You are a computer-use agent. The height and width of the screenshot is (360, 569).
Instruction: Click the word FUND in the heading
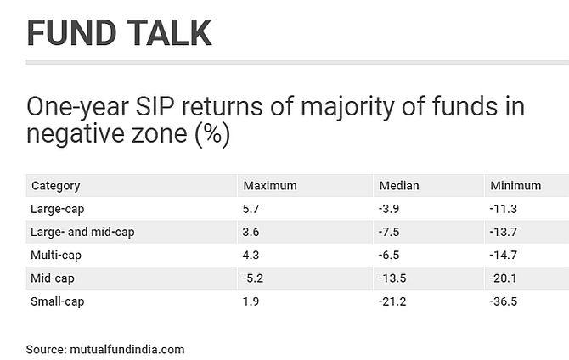point(72,32)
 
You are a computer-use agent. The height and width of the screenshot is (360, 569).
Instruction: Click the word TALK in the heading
point(169,32)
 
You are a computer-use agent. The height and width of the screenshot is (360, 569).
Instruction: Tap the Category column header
point(56,186)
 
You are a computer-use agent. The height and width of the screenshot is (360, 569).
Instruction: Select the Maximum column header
point(270,186)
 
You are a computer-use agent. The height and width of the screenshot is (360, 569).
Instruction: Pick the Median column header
point(399,186)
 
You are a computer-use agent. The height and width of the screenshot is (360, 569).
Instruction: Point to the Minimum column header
point(515,186)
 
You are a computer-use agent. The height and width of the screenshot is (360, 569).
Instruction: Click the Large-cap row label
point(58,210)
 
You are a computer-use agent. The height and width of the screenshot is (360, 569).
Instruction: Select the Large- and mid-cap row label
point(82,233)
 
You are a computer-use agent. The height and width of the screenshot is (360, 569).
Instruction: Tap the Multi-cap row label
point(56,256)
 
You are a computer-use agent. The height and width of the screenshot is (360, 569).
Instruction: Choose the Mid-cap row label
point(53,278)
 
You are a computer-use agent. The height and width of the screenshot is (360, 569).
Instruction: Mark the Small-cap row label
point(58,301)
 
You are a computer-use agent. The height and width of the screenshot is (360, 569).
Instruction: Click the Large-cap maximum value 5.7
point(251,209)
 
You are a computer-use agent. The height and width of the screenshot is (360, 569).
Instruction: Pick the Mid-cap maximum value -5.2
point(253,278)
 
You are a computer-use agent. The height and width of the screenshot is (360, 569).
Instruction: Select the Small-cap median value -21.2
point(392,301)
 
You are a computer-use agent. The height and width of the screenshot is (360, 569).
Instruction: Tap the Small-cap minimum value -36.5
point(504,301)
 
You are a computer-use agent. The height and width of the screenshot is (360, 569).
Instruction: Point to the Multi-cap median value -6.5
point(389,255)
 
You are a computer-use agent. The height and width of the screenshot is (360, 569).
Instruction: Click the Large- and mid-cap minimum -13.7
point(504,232)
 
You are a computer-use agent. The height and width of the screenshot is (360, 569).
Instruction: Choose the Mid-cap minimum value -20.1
point(503,278)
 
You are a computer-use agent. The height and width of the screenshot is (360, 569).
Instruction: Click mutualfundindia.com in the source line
point(127,350)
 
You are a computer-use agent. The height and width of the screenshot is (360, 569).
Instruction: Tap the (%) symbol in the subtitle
point(212,134)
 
